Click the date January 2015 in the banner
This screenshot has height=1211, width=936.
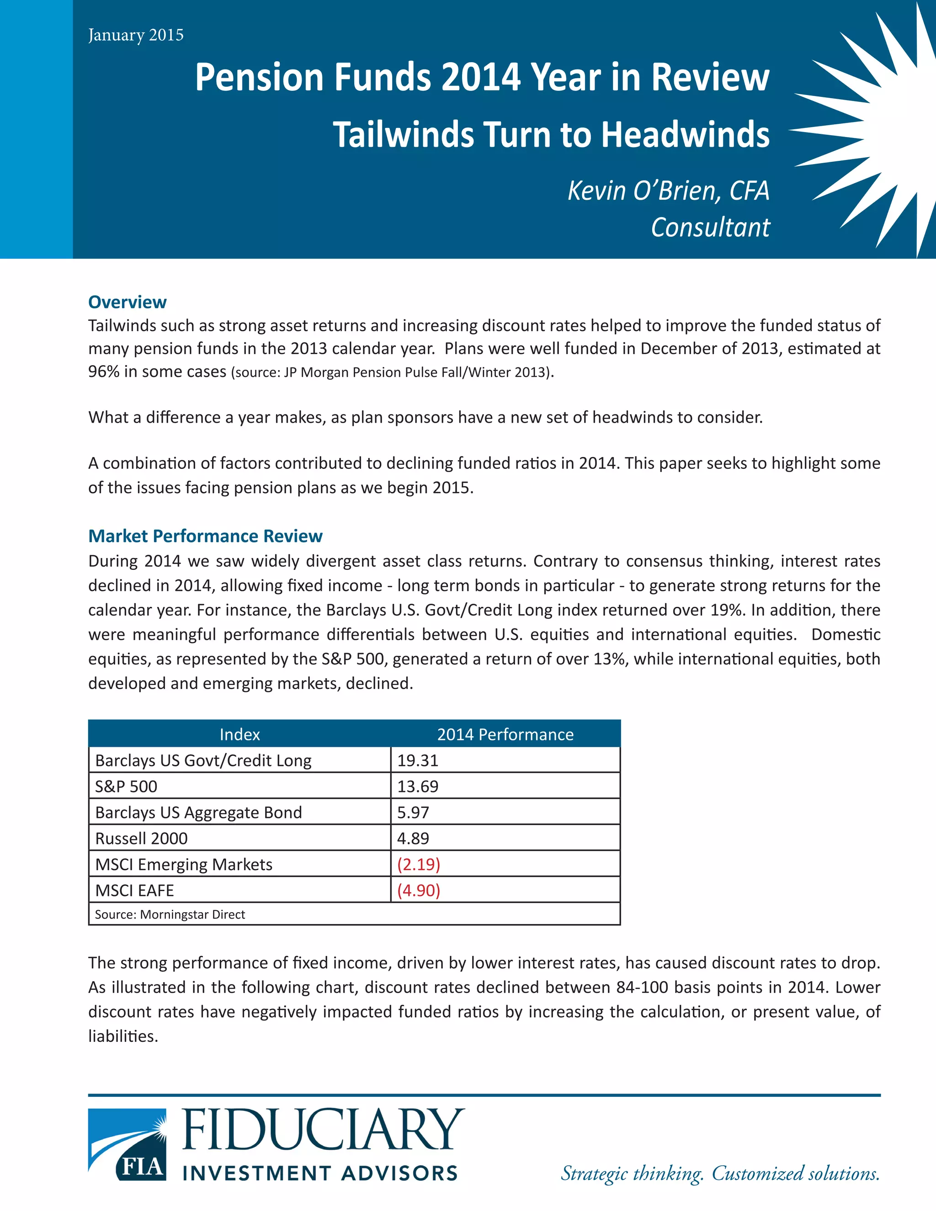pyautogui.click(x=136, y=35)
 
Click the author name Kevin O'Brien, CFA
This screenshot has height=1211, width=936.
pyautogui.click(x=668, y=191)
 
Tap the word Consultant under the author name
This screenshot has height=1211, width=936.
pyautogui.click(x=710, y=227)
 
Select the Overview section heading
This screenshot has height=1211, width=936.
pyautogui.click(x=127, y=302)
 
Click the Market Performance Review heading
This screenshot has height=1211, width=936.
pyautogui.click(x=205, y=536)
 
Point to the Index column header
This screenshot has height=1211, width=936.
pyautogui.click(x=239, y=734)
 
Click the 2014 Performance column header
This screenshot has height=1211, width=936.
pyautogui.click(x=505, y=734)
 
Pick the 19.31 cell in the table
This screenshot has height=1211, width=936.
pyautogui.click(x=418, y=760)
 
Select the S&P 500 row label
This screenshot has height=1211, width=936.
pyautogui.click(x=127, y=786)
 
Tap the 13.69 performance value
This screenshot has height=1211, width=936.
pyautogui.click(x=418, y=786)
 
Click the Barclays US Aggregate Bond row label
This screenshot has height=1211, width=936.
pyautogui.click(x=198, y=813)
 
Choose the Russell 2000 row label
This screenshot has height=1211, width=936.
pyautogui.click(x=141, y=839)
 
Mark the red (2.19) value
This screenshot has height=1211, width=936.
pyautogui.click(x=419, y=865)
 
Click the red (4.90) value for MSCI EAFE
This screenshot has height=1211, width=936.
pyautogui.click(x=419, y=891)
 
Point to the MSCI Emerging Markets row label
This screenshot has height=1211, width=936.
pyautogui.click(x=184, y=865)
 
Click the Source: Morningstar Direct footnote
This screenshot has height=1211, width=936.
pyautogui.click(x=170, y=914)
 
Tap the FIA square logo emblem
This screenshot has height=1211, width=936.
pyautogui.click(x=127, y=1144)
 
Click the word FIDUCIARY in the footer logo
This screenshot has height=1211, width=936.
pyautogui.click(x=323, y=1130)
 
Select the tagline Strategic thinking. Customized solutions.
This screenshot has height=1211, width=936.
pyautogui.click(x=720, y=1173)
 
